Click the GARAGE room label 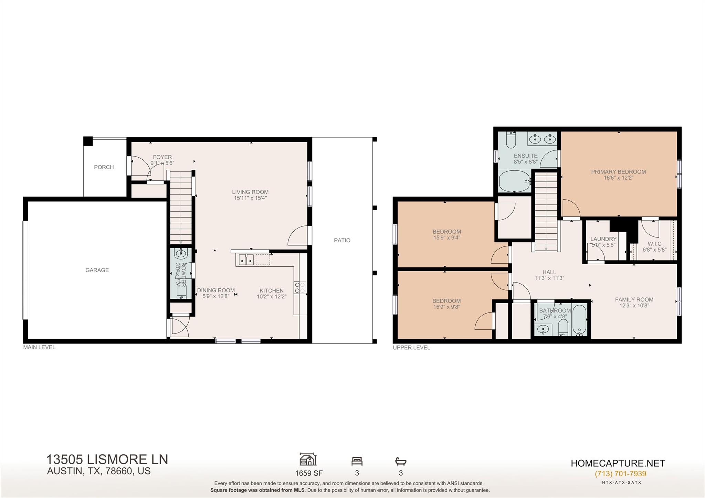point(97,270)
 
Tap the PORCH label point(104,167)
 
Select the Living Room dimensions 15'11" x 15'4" point(250,198)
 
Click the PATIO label point(342,241)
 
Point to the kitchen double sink point(246,259)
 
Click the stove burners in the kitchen point(299,288)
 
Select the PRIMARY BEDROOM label point(618,172)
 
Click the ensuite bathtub point(514,181)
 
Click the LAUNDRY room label point(603,239)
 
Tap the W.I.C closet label point(654,244)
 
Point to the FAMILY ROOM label point(634,300)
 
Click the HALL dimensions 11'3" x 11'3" point(549,278)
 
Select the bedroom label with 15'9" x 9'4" point(446,232)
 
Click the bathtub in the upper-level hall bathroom point(580,320)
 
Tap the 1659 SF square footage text point(309,473)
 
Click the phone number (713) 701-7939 point(620,474)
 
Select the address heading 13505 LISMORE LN point(107,459)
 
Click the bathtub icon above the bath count point(401,461)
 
